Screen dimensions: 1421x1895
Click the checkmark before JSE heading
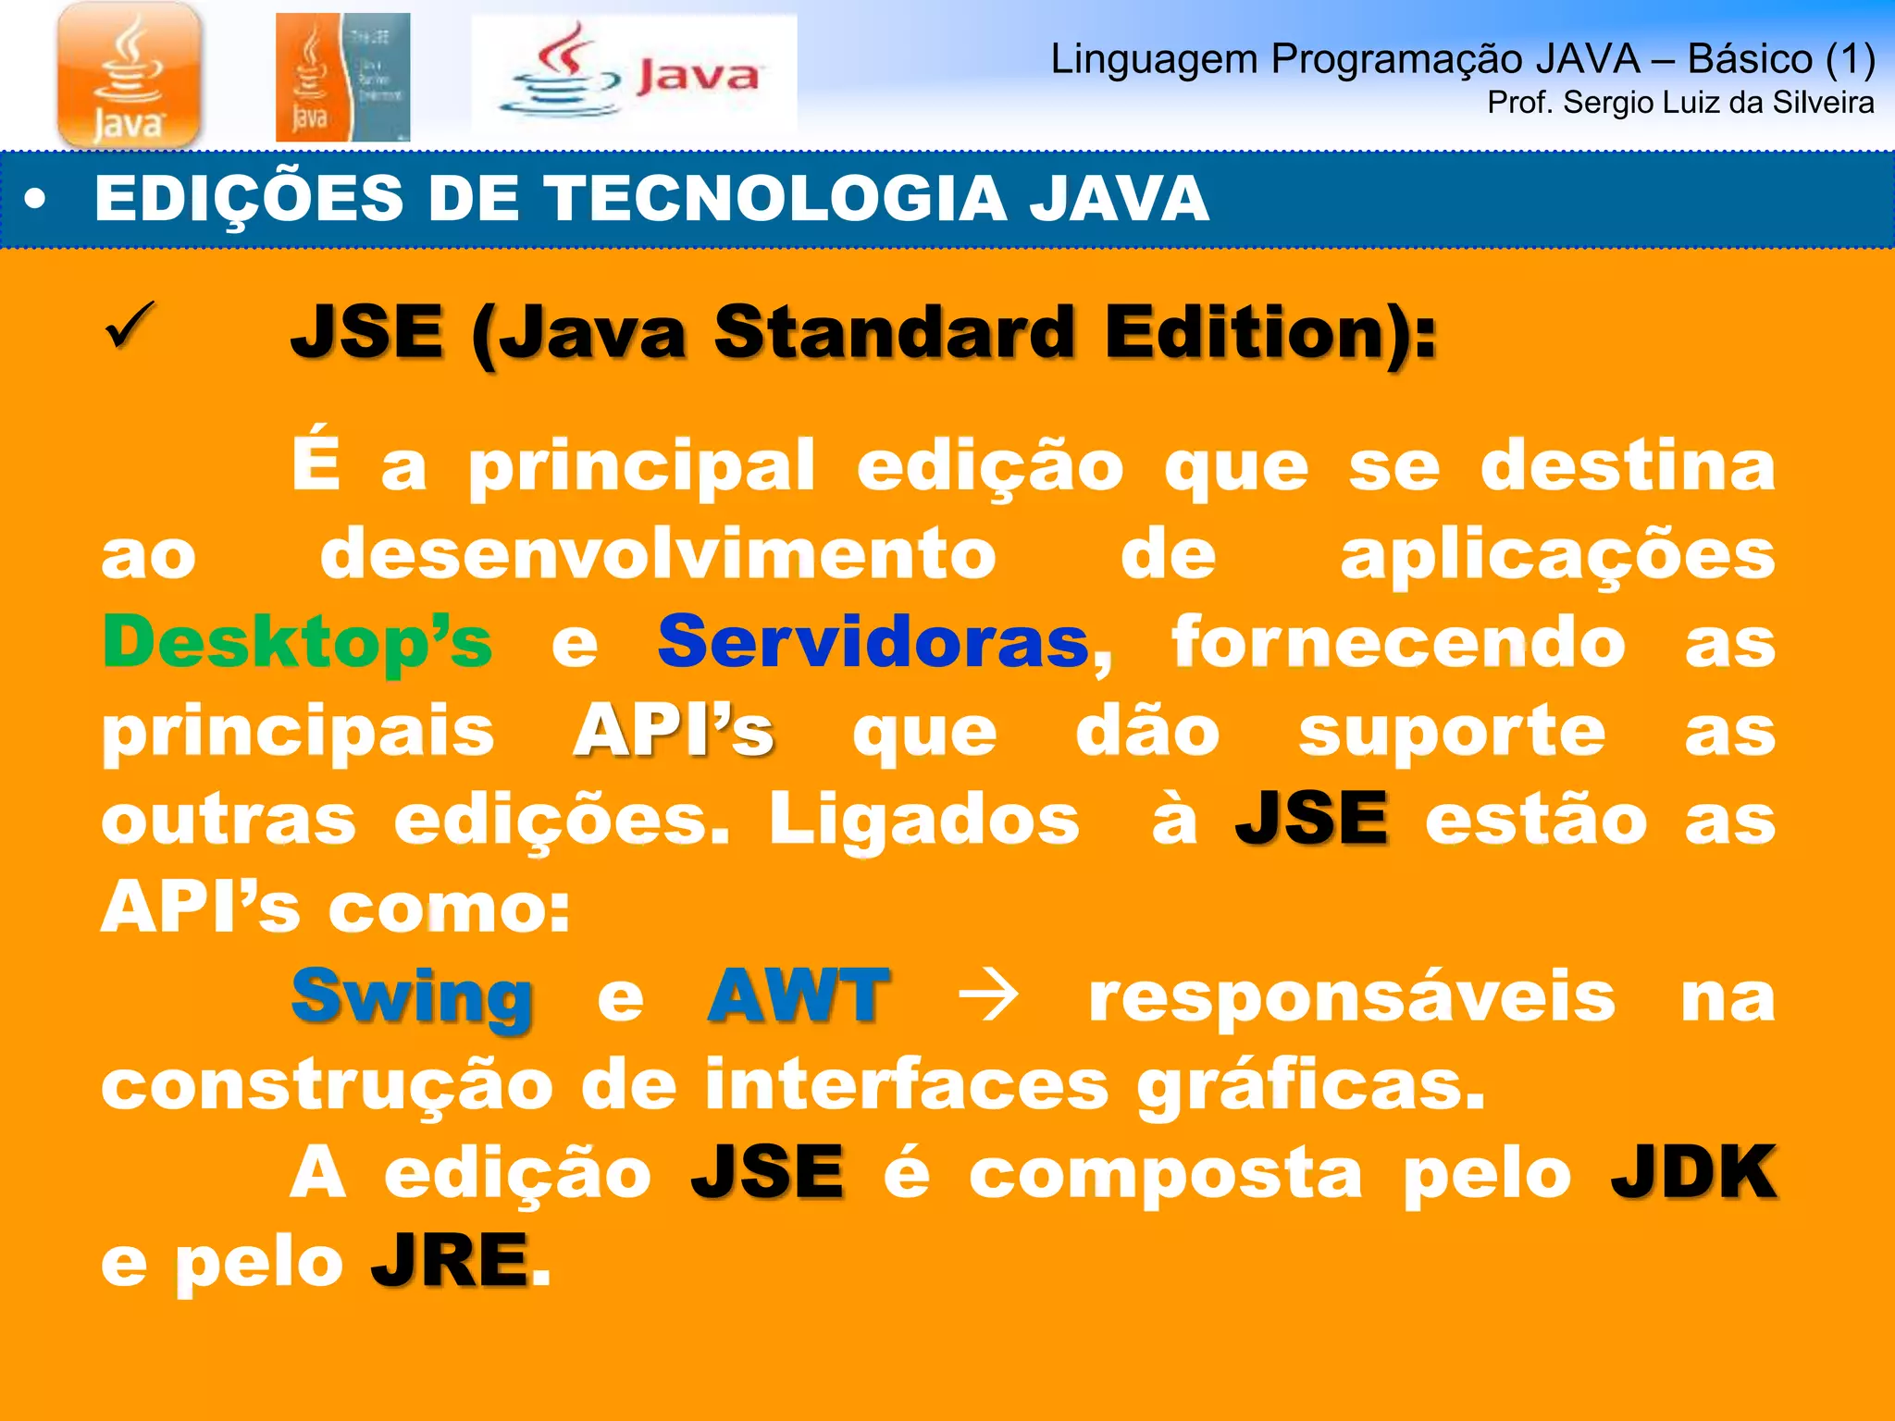pyautogui.click(x=130, y=326)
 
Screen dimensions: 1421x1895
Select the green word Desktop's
pyautogui.click(x=297, y=642)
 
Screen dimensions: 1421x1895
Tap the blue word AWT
pyautogui.click(x=798, y=995)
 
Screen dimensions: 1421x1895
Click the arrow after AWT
pyautogui.click(x=988, y=997)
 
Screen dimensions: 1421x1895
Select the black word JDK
pyautogui.click(x=1693, y=1173)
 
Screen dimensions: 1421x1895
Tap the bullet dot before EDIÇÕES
pyautogui.click(x=35, y=200)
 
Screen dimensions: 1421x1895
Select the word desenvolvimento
pyautogui.click(x=658, y=554)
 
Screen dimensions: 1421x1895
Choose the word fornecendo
pyautogui.click(x=1398, y=642)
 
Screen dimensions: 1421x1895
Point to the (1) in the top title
pyautogui.click(x=1850, y=59)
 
